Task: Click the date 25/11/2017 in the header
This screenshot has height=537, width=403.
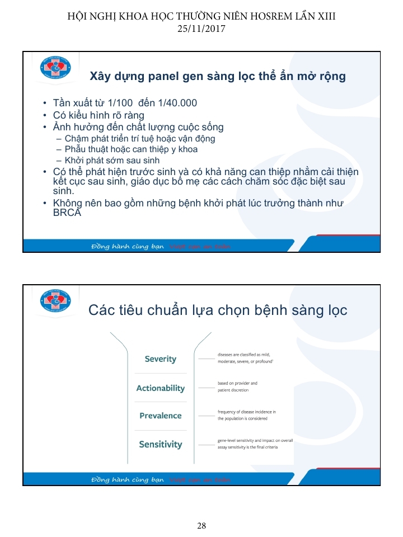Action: click(x=201, y=28)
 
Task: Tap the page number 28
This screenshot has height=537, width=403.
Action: click(x=201, y=525)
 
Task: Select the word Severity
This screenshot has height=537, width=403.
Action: click(x=160, y=359)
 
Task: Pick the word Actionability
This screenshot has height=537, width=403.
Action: click(x=160, y=388)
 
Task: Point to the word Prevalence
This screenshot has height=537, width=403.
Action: click(x=160, y=416)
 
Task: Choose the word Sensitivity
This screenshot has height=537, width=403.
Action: click(x=160, y=444)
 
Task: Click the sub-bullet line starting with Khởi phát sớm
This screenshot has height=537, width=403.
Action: click(x=112, y=161)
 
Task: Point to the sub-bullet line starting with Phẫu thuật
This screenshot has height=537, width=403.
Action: click(x=131, y=149)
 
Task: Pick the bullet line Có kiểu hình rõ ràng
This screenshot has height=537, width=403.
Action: click(x=98, y=115)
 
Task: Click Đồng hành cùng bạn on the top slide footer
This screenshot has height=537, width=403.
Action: click(x=128, y=246)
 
